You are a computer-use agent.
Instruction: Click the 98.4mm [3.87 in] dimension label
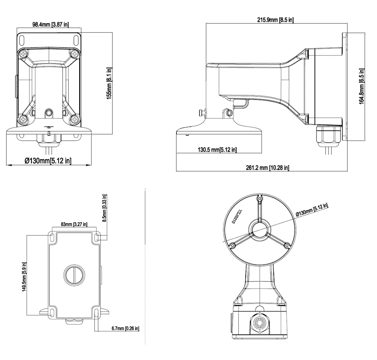pos(51,25)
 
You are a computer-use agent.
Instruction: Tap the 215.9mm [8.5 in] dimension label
pos(275,20)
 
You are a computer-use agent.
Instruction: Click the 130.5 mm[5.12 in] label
pos(212,150)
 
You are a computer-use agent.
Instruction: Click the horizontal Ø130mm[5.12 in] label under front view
pos(48,161)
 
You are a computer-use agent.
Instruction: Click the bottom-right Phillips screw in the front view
pos(74,119)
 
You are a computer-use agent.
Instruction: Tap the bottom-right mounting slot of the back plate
pos(96,312)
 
